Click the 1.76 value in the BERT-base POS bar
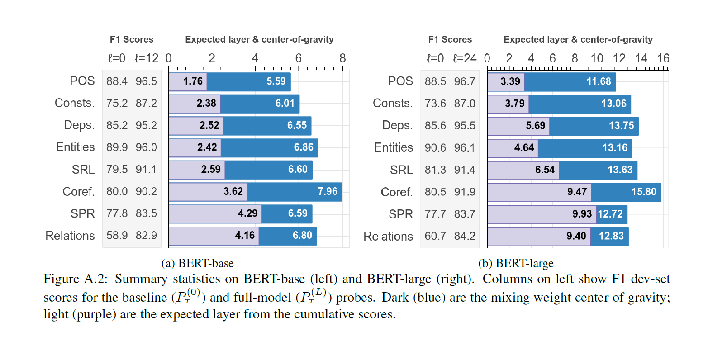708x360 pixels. click(x=193, y=81)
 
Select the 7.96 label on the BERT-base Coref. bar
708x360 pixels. click(x=328, y=191)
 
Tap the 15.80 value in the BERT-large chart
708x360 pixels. click(x=644, y=192)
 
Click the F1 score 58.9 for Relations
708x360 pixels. click(x=117, y=236)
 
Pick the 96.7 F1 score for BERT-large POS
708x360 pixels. click(x=465, y=81)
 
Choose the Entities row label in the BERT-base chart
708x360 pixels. click(x=75, y=147)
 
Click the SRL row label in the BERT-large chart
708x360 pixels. click(x=401, y=170)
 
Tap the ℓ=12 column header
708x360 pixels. click(x=147, y=58)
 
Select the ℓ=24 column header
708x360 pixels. click(x=465, y=58)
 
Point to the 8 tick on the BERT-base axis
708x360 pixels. click(x=342, y=58)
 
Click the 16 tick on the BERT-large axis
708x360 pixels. click(x=663, y=58)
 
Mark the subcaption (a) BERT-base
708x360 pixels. click(x=198, y=263)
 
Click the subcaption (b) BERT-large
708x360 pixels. click(x=516, y=263)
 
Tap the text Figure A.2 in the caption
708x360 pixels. click(x=76, y=279)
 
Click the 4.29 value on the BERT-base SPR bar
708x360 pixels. click(x=247, y=213)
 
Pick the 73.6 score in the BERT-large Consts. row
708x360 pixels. click(x=435, y=104)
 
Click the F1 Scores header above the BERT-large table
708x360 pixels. click(x=450, y=39)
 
